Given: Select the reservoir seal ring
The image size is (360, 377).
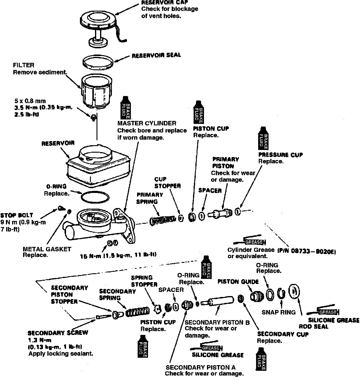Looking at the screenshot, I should [x=98, y=62].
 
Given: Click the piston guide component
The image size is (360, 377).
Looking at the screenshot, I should [x=256, y=296].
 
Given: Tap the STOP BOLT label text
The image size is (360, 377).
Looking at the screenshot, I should [x=17, y=215].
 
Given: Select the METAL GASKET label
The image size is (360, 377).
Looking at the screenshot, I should [x=47, y=249].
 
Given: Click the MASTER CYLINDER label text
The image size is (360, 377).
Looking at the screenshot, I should [x=147, y=123].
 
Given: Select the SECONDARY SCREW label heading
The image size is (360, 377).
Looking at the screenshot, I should [x=58, y=333].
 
